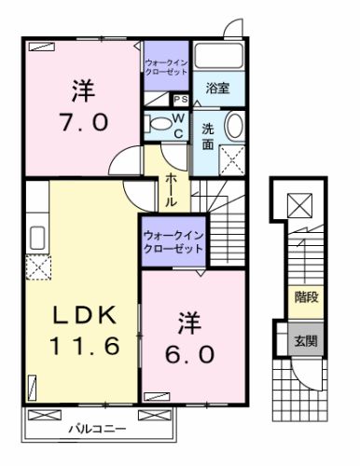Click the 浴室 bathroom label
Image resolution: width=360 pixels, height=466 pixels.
(221, 91)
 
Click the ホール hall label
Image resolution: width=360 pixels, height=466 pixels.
(172, 189)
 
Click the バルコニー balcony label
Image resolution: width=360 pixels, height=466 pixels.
(102, 430)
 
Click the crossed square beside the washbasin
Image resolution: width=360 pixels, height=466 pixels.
(231, 159)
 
